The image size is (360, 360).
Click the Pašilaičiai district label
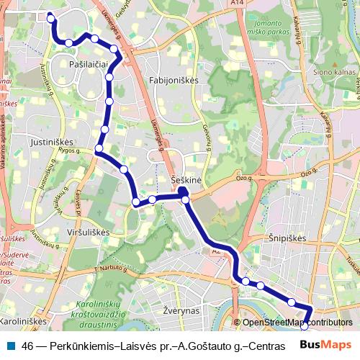[89, 64]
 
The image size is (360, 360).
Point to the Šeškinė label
[186, 179]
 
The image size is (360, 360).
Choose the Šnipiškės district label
[287, 238]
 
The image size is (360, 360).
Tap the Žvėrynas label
[181, 311]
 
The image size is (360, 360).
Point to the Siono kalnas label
[332, 72]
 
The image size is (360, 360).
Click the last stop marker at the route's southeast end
[304, 325]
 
